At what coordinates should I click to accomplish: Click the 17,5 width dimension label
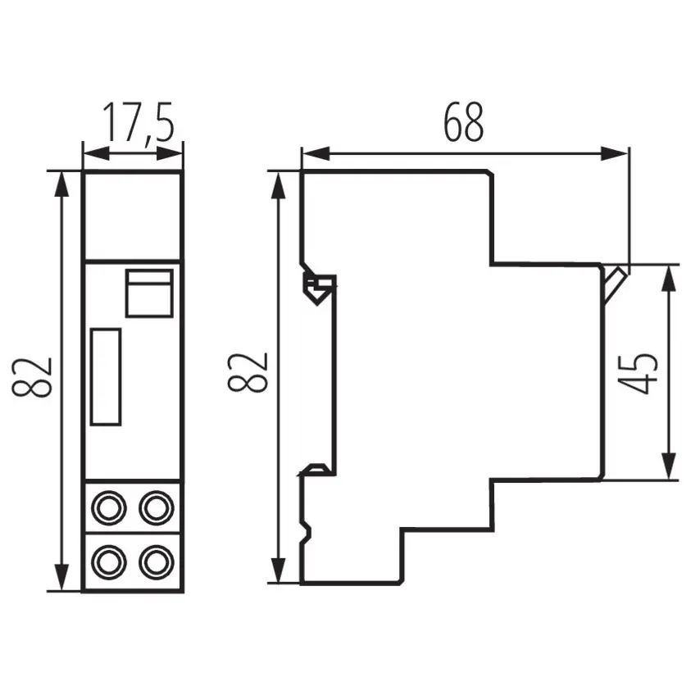coord(139,123)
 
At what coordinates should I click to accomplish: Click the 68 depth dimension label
coord(463,122)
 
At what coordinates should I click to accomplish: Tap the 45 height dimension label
coord(638,372)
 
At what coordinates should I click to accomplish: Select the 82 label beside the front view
coord(32,377)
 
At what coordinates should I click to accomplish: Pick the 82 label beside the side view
coord(248,372)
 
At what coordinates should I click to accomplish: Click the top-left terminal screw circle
coord(109,508)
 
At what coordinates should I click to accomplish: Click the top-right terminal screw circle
coord(157,508)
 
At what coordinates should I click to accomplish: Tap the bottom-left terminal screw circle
coord(109,562)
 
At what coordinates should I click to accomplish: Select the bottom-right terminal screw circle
coord(157,562)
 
